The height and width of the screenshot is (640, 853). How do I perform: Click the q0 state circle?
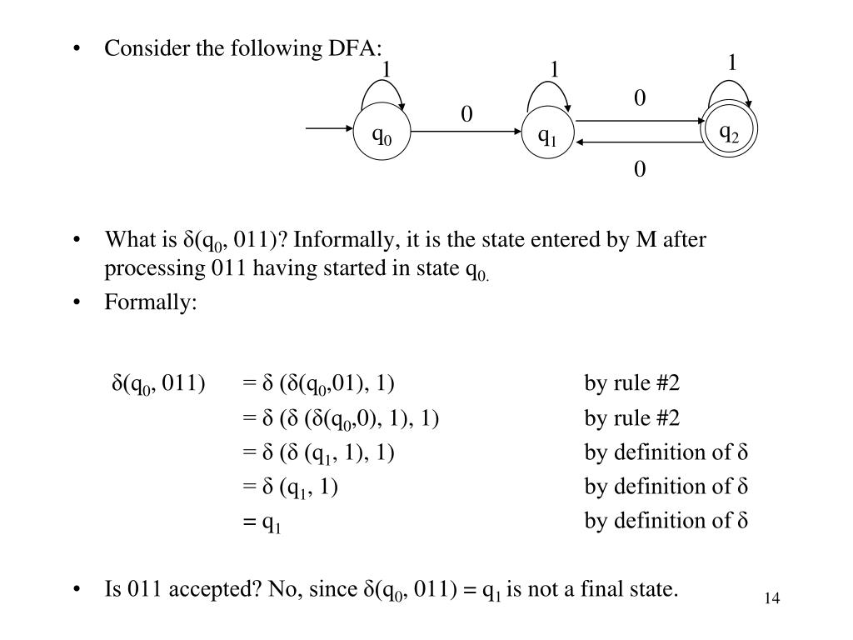383,136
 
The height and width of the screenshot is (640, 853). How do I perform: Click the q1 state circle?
547,136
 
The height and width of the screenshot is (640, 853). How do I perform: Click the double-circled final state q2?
730,133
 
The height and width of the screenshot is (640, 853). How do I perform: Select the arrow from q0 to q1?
466,132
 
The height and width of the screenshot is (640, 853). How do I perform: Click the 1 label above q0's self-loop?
387,68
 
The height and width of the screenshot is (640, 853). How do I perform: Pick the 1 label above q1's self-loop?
554,70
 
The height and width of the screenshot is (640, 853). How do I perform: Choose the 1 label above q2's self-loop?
732,62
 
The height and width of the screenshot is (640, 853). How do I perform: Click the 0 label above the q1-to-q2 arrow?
640,98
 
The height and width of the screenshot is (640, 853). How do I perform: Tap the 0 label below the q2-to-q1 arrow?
640,170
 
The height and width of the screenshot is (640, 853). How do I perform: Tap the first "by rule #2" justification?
632,383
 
